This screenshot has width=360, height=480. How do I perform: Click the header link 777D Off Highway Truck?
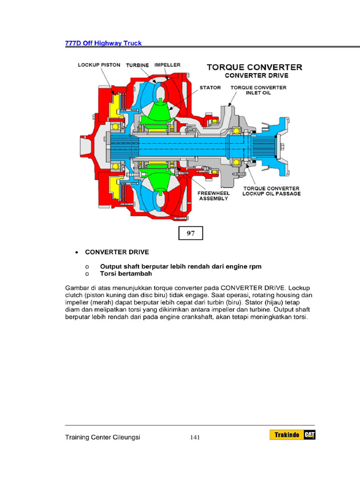point(103,43)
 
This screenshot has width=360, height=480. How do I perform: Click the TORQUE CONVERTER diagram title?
point(255,67)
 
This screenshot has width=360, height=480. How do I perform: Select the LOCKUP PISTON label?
point(99,65)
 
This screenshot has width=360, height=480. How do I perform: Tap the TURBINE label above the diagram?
point(137,65)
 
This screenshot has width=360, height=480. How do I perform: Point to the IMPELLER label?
point(167,65)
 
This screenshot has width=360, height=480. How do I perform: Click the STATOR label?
point(210,88)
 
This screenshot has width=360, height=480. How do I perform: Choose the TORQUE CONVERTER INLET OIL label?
point(258,90)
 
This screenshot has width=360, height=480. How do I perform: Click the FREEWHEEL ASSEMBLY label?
point(213,195)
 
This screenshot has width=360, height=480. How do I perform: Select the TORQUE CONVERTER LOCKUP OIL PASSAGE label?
point(271,191)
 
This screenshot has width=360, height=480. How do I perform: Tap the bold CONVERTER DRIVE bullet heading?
point(117,252)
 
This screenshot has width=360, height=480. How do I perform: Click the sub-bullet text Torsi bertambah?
point(126,273)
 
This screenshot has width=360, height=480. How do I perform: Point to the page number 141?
point(195,437)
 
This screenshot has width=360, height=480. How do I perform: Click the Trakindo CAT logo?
point(292,435)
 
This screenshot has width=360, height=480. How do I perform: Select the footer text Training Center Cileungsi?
point(103,437)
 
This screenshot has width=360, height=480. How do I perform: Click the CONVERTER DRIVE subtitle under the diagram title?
point(256,75)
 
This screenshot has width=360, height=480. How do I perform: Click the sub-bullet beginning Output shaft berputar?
point(180,266)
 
